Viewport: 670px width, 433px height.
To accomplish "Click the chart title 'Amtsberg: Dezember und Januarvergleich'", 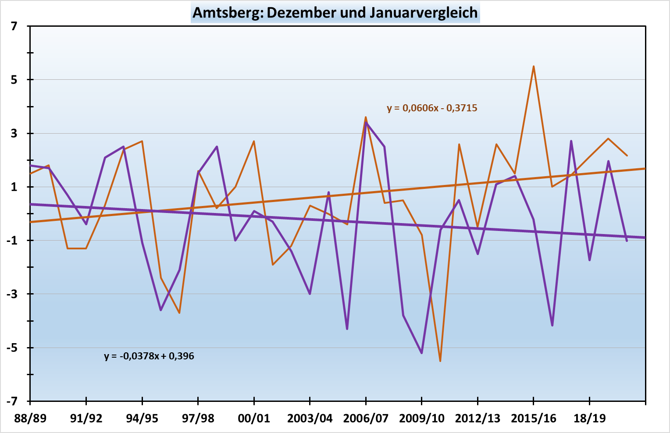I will [335, 12].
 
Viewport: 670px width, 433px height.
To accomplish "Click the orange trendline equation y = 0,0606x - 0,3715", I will [432, 108].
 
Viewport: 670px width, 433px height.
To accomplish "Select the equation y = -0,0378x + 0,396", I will [149, 356].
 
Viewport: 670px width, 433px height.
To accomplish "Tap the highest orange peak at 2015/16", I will [533, 66].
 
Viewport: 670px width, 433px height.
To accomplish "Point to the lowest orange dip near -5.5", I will [440, 361].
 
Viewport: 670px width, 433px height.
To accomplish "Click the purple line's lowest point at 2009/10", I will [422, 353].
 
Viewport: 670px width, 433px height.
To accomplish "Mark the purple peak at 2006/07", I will [366, 122].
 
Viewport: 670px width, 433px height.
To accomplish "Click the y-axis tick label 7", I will [14, 26].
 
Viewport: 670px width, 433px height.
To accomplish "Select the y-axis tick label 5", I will [14, 80].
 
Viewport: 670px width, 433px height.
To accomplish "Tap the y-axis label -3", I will [12, 294].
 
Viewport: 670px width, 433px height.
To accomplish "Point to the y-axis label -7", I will [12, 401].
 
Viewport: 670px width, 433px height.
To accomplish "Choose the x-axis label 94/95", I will [142, 418].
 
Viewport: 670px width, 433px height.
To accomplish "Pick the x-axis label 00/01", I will [254, 418].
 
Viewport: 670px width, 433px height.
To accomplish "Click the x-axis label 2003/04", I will [310, 418].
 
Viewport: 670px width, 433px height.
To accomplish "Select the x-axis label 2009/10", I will [422, 418].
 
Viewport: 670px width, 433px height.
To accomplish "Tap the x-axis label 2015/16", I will [534, 418].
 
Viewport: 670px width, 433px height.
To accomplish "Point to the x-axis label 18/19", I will [589, 418].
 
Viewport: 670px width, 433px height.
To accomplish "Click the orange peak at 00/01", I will [254, 141].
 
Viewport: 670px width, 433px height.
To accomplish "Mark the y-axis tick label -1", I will [12, 241].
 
